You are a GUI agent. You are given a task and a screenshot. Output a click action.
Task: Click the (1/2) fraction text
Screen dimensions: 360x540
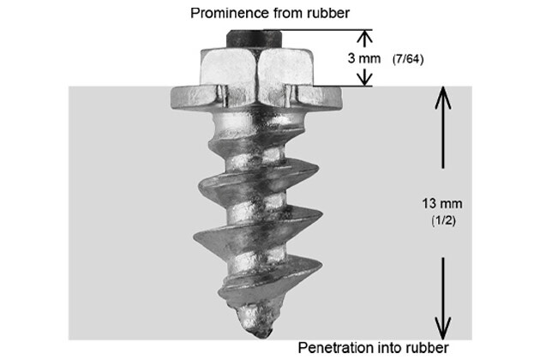point(443,221)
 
